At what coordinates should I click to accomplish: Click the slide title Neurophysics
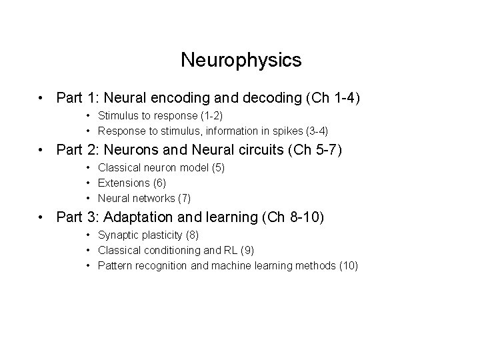pyautogui.click(x=241, y=61)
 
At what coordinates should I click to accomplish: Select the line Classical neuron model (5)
pyautogui.click(x=161, y=168)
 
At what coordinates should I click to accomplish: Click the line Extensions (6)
pyautogui.click(x=132, y=183)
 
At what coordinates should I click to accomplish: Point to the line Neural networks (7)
pyautogui.click(x=144, y=197)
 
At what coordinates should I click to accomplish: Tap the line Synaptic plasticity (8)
pyautogui.click(x=148, y=235)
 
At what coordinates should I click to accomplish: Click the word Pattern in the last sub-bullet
pyautogui.click(x=113, y=266)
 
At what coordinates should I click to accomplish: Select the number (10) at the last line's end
pyautogui.click(x=348, y=266)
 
